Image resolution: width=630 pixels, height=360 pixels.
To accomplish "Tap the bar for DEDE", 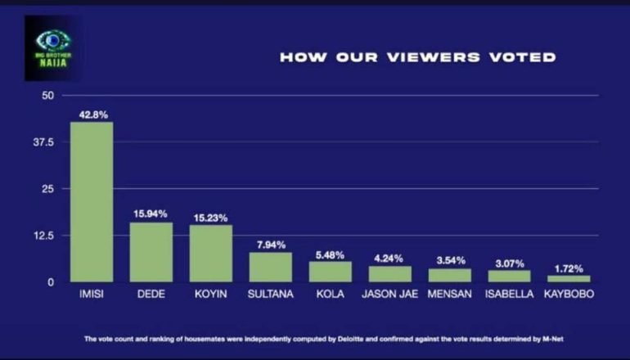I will [151, 252].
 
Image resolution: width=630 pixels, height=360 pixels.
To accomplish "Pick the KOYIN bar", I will [211, 253].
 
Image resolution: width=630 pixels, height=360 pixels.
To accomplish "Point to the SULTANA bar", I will [271, 267].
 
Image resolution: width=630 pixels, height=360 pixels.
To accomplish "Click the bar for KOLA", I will [331, 272].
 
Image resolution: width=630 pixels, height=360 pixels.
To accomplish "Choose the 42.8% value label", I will [92, 115].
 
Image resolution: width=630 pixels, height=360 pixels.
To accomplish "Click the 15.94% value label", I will [151, 214].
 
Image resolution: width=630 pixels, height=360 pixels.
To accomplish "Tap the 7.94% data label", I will [271, 244].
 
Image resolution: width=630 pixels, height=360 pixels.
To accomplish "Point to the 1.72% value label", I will [569, 268].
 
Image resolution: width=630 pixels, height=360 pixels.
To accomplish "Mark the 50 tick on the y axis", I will [47, 96].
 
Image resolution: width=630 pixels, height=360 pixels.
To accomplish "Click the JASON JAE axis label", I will [390, 295].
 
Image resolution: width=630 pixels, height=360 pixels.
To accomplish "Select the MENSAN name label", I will [450, 295].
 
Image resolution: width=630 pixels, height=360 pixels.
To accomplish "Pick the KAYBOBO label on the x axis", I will [569, 295].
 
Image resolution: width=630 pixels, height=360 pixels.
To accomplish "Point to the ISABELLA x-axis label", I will [510, 295].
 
